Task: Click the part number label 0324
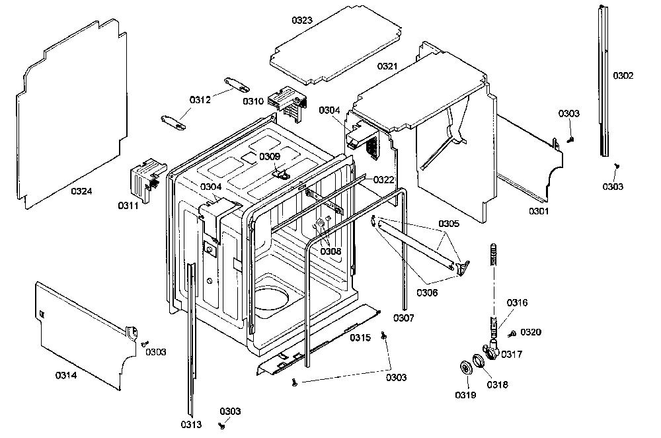81,191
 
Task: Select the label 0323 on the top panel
302,21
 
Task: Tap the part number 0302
623,75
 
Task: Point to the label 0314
66,375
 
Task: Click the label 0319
465,395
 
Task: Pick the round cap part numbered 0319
466,367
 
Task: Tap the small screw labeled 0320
512,333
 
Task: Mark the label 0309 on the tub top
270,157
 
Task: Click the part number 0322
383,180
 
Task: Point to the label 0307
404,318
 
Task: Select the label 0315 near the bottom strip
360,337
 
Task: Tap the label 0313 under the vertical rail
192,425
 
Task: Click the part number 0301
539,211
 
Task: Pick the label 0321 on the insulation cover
387,66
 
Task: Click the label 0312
200,100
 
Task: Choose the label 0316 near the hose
518,302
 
